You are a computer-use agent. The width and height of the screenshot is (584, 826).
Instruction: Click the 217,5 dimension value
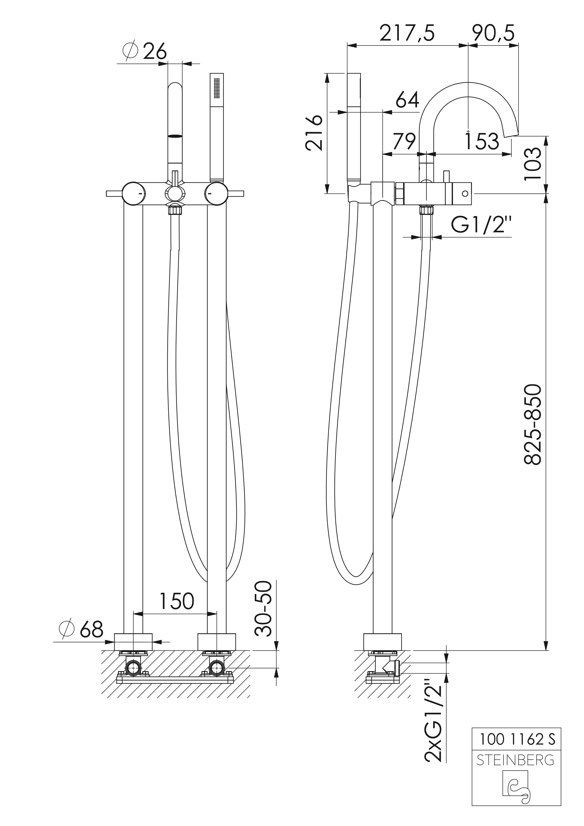click(x=407, y=33)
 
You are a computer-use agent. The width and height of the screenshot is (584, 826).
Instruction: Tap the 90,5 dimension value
click(x=493, y=33)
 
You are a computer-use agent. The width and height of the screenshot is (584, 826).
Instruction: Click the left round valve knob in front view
click(x=133, y=193)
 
